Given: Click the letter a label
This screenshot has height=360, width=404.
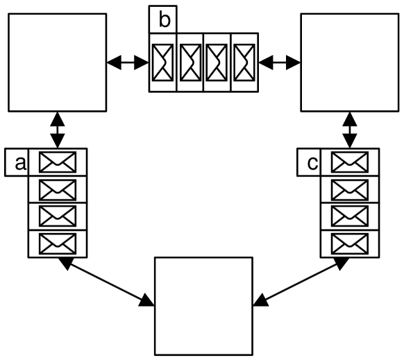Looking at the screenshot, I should click(x=19, y=164).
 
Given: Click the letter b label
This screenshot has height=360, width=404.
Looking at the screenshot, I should click(x=163, y=19).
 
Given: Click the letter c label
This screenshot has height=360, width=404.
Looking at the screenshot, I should click(x=312, y=164).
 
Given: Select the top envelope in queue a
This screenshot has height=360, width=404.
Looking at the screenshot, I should click(x=57, y=163).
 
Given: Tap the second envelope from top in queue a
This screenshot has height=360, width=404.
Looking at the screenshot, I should click(x=57, y=189).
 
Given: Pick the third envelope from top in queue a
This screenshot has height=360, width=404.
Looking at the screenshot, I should click(x=57, y=216).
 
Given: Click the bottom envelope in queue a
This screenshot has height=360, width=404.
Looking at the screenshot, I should click(x=57, y=243).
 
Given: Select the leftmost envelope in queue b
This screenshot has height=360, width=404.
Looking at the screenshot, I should click(x=163, y=62).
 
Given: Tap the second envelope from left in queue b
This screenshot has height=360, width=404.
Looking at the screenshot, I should click(x=190, y=62).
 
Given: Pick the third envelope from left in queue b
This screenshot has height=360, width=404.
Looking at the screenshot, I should click(x=217, y=62).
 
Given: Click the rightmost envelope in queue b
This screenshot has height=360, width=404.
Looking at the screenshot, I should click(x=244, y=62).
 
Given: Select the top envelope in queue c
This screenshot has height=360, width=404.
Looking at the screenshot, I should click(x=350, y=163).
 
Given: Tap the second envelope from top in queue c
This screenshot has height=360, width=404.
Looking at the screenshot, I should click(x=350, y=189).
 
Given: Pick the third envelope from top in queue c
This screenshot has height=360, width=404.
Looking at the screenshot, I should click(x=350, y=216).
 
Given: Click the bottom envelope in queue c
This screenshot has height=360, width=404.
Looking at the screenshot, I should click(x=350, y=243).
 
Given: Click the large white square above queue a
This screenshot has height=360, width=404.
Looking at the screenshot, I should click(x=57, y=62).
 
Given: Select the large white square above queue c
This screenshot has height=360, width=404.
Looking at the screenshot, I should click(x=350, y=62).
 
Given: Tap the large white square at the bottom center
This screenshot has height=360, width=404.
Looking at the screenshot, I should click(x=203, y=306).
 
